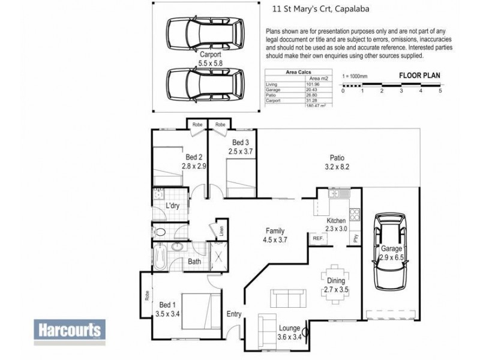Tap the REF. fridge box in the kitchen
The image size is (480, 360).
[317, 238]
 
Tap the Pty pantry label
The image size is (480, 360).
[356, 236]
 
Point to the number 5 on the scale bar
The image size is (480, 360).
[440, 91]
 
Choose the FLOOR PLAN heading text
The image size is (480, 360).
[419, 76]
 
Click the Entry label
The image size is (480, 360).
[234, 314]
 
